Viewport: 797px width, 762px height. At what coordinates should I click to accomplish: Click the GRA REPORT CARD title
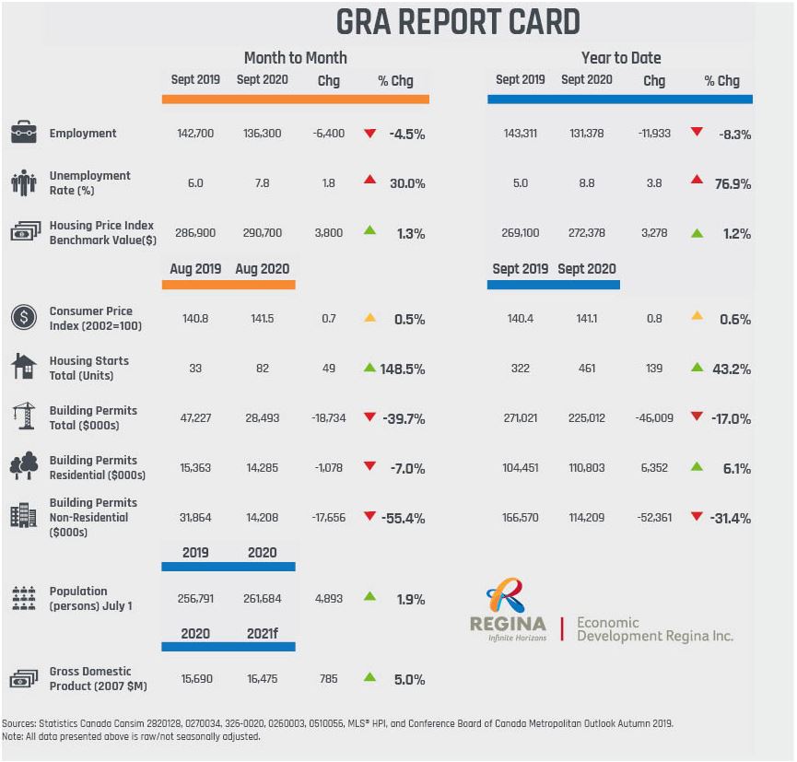[x=457, y=21]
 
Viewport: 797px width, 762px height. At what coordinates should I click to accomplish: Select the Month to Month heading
[x=295, y=57]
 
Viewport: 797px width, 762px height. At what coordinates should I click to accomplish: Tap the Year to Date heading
[x=620, y=57]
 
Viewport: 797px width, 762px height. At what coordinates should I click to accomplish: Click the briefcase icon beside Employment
[x=23, y=133]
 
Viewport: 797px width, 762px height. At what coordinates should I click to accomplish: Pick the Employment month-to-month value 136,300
[x=263, y=134]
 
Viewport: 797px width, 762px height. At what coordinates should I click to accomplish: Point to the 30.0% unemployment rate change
[x=406, y=183]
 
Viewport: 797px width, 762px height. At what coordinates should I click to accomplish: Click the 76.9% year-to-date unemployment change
[x=733, y=183]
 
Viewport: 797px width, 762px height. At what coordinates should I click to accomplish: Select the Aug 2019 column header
[x=194, y=269]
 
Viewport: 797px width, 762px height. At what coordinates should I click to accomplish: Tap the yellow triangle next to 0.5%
[x=369, y=318]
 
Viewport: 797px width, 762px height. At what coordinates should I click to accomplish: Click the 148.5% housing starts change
[x=402, y=369]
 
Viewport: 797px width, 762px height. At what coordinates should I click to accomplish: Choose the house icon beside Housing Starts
[x=23, y=367]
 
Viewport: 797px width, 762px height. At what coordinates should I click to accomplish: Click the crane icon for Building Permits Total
[x=23, y=416]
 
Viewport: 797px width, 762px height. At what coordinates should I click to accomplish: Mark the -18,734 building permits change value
[x=328, y=418]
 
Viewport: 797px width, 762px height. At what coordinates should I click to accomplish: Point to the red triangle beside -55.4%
[x=369, y=517]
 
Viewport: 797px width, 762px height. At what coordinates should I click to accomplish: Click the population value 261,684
[x=263, y=599]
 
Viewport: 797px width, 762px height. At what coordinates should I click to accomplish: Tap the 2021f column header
[x=262, y=634]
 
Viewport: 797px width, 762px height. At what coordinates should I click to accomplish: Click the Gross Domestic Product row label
[x=90, y=678]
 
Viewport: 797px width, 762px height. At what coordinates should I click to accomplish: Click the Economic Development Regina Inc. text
[x=654, y=629]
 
